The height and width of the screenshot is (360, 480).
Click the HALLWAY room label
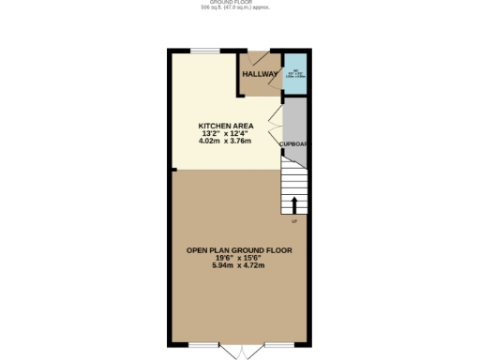click(260, 74)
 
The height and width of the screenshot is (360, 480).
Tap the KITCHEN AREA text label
click(226, 125)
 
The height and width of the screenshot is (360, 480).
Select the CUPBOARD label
click(294, 143)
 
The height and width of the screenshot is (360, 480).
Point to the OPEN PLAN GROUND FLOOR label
click(239, 250)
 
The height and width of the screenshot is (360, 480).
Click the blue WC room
click(294, 74)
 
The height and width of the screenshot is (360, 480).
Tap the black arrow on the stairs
click(295, 203)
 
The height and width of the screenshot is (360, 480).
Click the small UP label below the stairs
click(294, 222)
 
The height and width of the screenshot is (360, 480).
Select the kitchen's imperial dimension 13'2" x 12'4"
click(226, 133)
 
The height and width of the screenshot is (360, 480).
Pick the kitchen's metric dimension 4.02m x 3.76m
click(226, 142)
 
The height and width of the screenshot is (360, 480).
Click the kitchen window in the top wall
click(205, 51)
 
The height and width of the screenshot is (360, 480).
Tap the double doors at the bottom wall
click(241, 350)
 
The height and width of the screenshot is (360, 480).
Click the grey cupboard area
click(294, 122)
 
